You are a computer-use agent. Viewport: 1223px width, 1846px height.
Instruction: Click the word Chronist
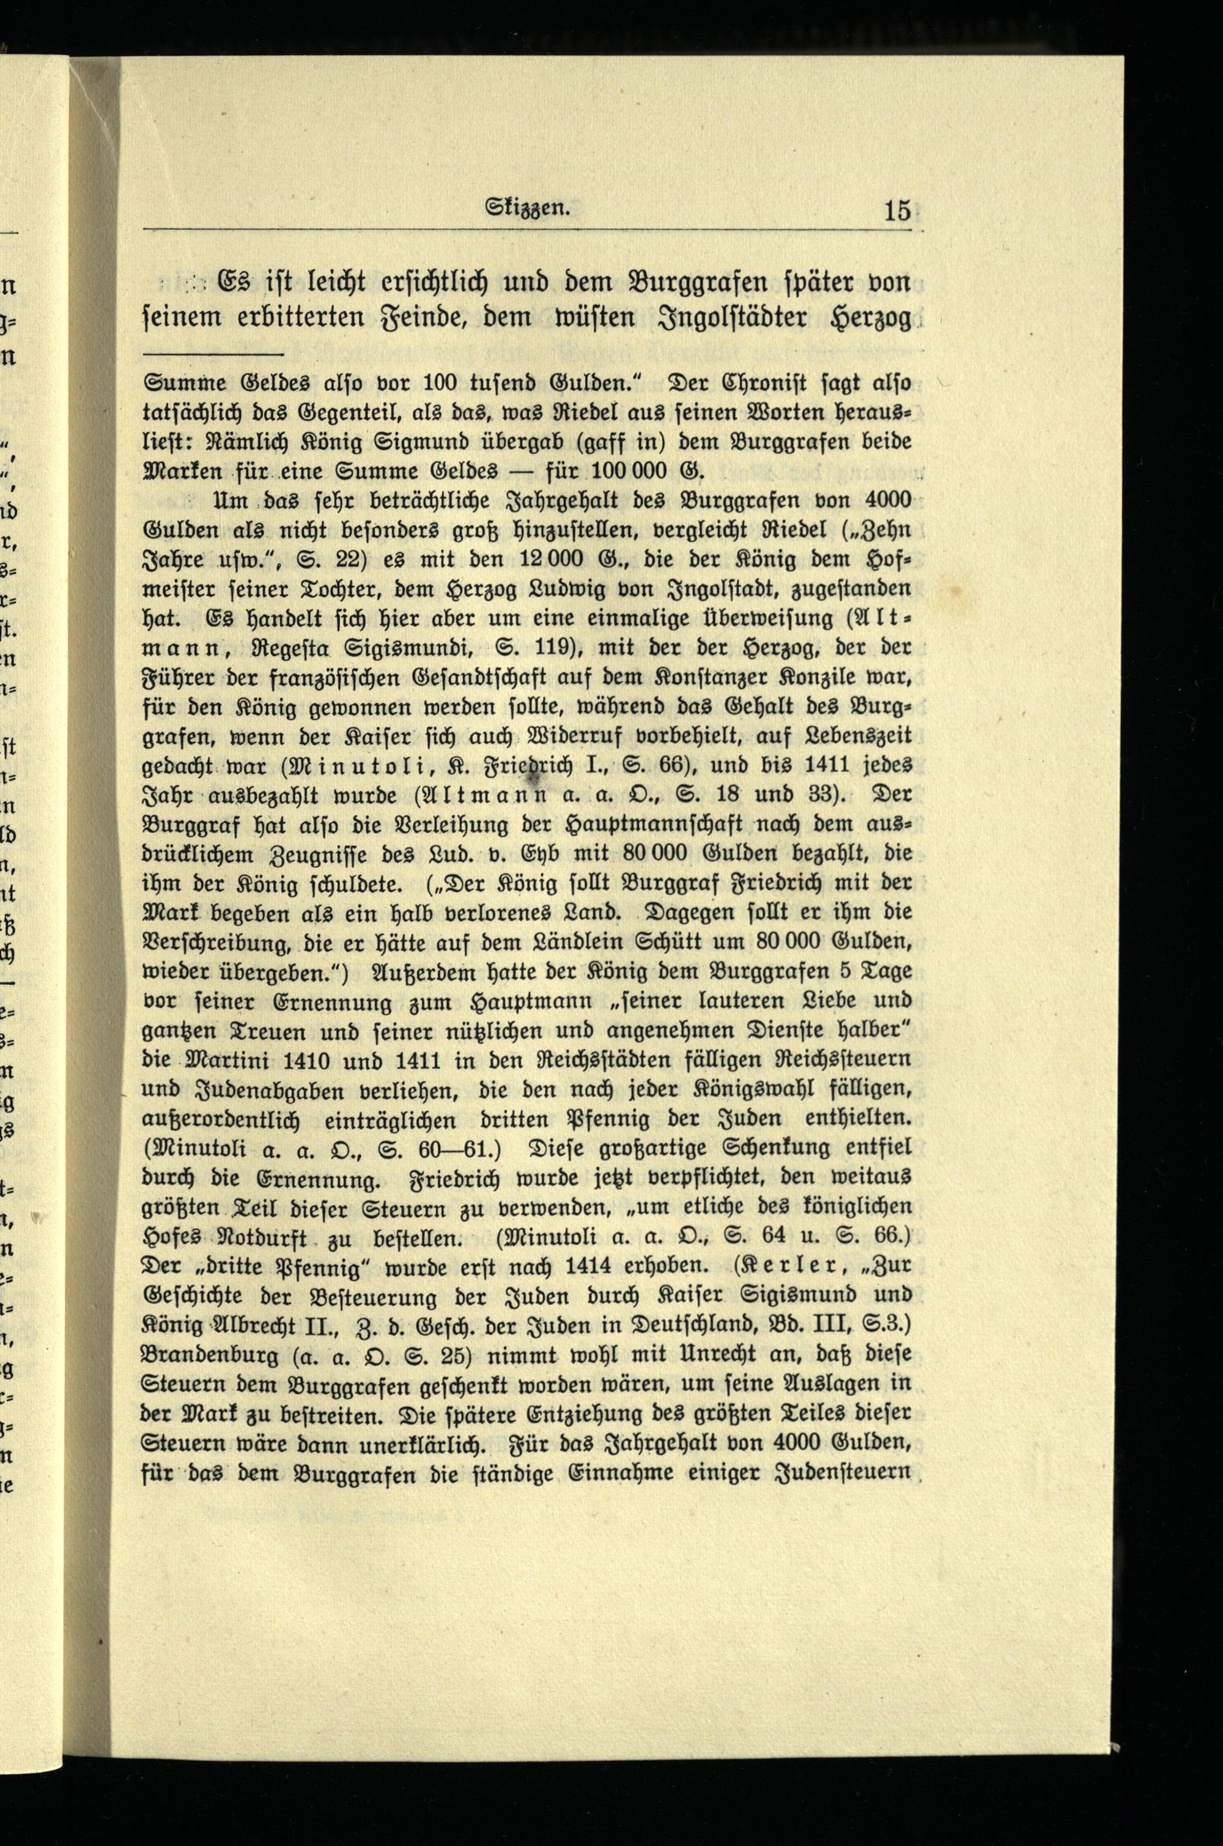pyautogui.click(x=753, y=385)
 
